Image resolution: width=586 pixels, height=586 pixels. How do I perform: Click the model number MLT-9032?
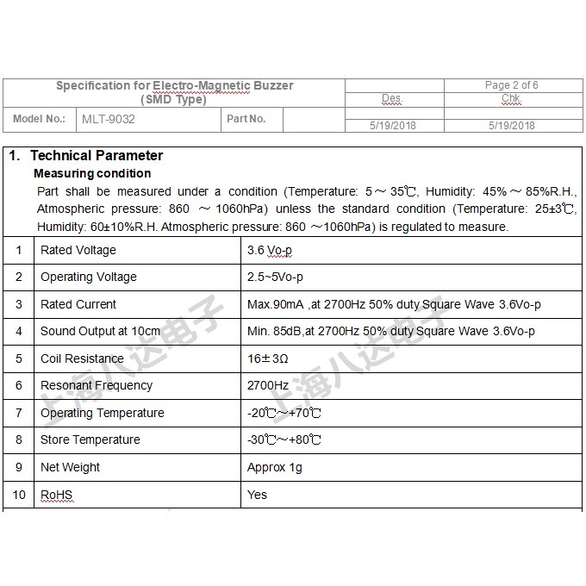point(108,119)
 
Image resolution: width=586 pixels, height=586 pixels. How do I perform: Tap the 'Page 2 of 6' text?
point(512,85)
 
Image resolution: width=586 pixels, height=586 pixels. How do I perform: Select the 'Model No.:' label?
point(40,119)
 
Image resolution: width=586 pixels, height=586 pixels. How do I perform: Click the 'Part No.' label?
point(246,119)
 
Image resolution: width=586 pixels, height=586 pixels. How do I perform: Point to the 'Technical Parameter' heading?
point(96,156)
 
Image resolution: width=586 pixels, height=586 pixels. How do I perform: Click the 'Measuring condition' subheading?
point(92,173)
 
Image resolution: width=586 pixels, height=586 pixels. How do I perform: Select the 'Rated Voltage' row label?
point(78,250)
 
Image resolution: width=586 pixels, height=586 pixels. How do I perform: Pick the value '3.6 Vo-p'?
point(270,250)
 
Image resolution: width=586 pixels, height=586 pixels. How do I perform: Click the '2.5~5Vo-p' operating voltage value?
point(275,277)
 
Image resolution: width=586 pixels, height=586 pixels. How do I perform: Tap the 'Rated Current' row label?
point(78,304)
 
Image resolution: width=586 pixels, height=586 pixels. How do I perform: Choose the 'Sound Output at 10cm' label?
point(100,331)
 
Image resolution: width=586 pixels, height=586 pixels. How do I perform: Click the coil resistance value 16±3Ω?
point(267,358)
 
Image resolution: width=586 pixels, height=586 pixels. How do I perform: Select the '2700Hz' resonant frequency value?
point(268,385)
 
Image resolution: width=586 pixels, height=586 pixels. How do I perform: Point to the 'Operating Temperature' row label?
point(102,413)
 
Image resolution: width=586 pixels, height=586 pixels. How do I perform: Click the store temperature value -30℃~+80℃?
point(284,439)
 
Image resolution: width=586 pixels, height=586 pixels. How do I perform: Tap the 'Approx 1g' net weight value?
point(275,467)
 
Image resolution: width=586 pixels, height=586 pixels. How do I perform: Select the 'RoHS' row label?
point(57,495)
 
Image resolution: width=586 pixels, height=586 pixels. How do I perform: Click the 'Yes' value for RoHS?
point(257,495)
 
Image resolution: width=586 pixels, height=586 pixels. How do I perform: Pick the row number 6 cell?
point(19,385)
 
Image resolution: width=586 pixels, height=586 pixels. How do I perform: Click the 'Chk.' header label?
point(511,99)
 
